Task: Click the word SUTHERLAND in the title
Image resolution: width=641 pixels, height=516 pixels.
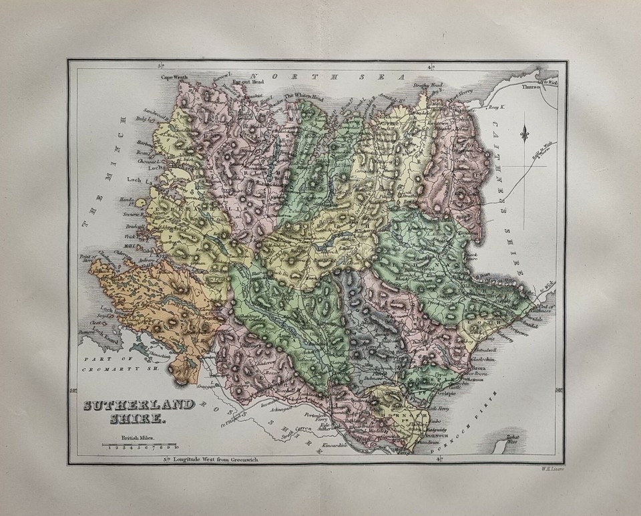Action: [139, 405]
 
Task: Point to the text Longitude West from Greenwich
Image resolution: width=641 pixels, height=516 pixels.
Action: [214, 459]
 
